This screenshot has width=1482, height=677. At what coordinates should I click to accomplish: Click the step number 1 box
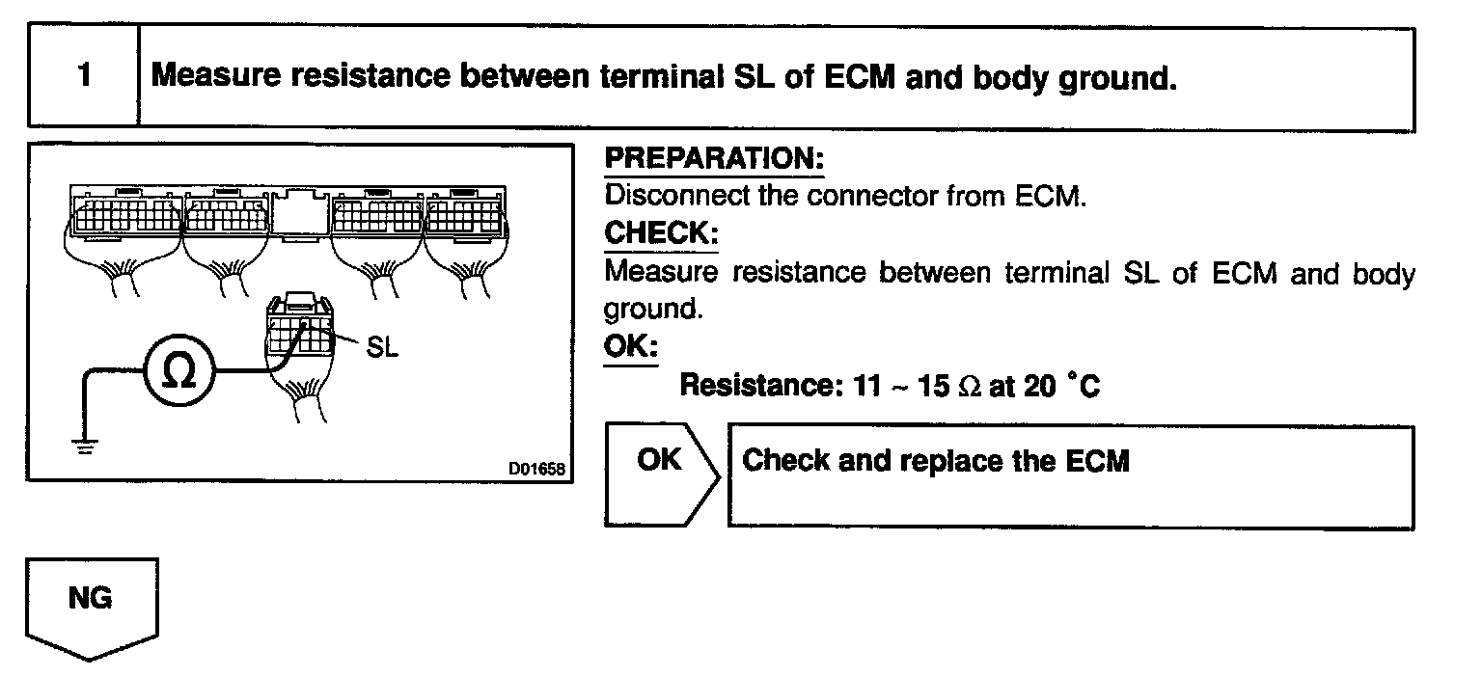[84, 76]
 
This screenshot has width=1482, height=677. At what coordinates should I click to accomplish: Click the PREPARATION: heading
[714, 159]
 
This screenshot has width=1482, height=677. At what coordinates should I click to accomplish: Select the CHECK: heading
[661, 233]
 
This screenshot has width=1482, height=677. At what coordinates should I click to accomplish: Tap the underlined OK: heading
[630, 346]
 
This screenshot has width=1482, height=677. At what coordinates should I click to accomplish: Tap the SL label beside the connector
[382, 346]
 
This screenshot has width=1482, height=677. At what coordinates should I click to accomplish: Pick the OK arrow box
[660, 474]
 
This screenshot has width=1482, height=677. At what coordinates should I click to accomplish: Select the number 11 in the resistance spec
[868, 386]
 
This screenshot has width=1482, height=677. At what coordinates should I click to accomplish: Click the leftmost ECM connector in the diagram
[125, 214]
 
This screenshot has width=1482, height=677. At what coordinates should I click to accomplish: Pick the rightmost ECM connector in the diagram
[475, 214]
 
